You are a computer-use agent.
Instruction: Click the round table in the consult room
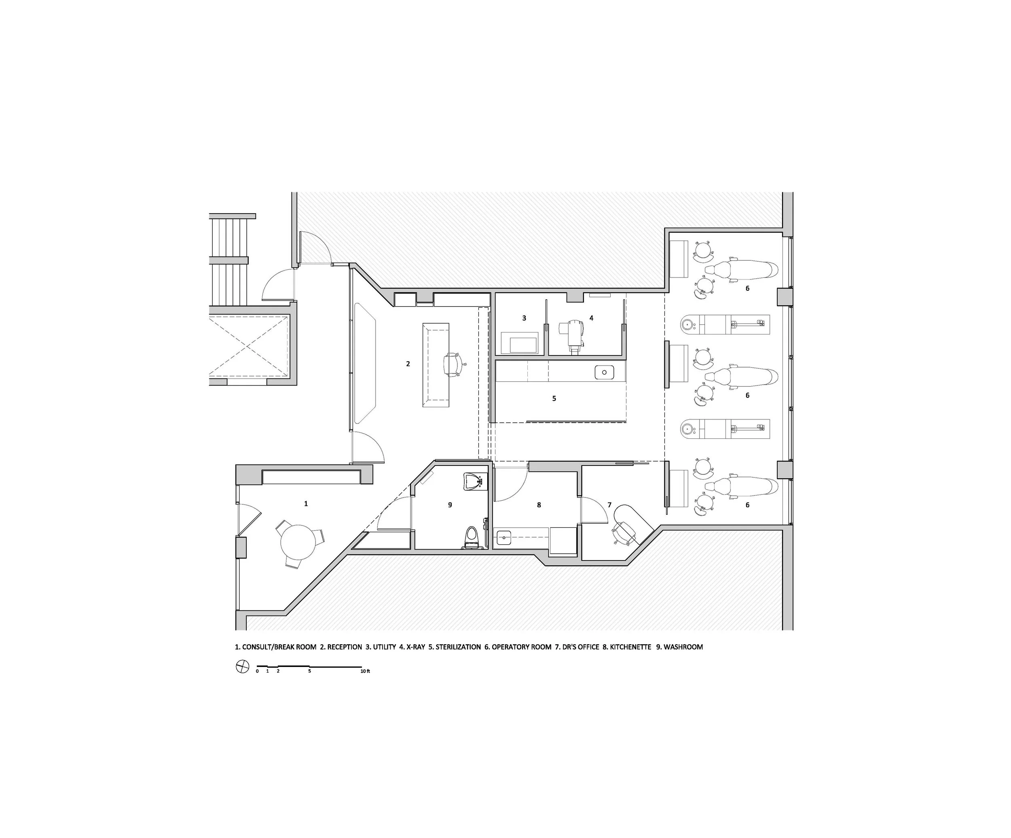pos(298,542)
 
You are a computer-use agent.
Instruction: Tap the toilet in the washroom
pos(471,538)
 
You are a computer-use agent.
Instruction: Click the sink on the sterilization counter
pos(604,372)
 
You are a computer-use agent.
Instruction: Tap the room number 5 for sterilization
pos(554,398)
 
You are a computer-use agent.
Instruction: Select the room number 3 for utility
pos(524,318)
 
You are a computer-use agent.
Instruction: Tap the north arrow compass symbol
pos(242,667)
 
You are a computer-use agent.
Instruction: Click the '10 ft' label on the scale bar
pos(365,671)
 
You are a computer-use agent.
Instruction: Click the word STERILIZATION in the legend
pos(458,647)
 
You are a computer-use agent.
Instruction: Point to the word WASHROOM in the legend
pos(683,647)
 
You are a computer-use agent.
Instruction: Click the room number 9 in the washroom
pos(450,505)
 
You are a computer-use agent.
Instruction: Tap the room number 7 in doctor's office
pos(609,505)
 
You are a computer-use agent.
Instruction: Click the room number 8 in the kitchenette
pos(539,505)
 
